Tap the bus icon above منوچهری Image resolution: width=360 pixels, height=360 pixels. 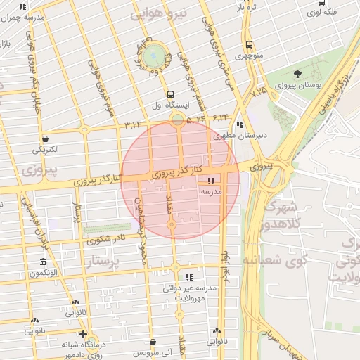(x=250, y=44)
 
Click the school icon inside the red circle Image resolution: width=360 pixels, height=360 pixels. (x=212, y=181)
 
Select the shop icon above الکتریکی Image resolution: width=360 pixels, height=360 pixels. (x=46, y=139)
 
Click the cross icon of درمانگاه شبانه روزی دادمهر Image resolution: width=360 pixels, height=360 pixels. (x=84, y=334)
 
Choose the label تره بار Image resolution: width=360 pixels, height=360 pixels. (x=244, y=7)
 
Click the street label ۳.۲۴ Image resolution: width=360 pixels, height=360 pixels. (x=133, y=124)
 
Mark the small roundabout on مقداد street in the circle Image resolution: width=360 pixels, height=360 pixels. (x=172, y=224)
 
